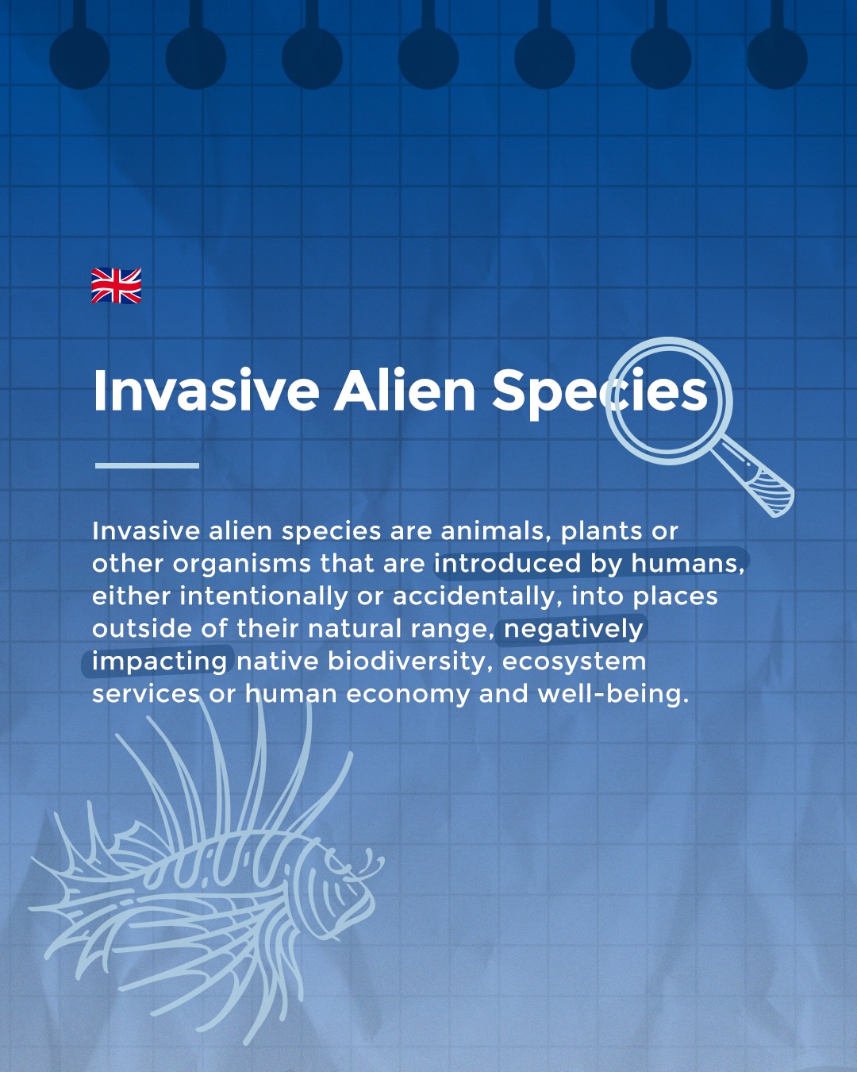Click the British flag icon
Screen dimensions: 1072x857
coord(116,286)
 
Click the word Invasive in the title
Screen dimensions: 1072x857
coord(206,391)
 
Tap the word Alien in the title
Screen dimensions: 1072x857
coord(404,391)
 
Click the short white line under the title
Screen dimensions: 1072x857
coord(147,465)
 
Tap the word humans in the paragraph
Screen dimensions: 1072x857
coord(687,563)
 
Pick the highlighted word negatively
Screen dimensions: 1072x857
coord(573,629)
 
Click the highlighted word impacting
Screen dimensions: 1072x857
coord(159,661)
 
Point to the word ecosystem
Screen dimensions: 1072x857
coord(574,661)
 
